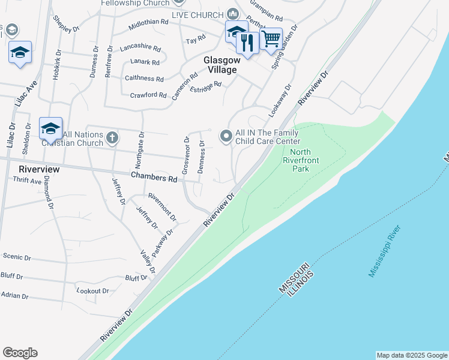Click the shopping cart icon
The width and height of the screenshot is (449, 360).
(x=271, y=38)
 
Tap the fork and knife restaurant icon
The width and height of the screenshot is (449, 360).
(x=247, y=42)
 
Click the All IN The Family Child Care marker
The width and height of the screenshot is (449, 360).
(x=226, y=137)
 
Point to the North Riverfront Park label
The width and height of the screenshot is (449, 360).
(x=301, y=161)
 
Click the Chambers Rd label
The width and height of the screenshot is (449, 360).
(x=154, y=178)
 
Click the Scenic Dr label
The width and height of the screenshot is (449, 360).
(x=17, y=257)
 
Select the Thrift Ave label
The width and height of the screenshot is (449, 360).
(x=27, y=180)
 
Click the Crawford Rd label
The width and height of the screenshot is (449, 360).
(x=148, y=95)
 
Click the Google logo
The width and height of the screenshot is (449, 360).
(x=20, y=353)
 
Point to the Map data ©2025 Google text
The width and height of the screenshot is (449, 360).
(x=412, y=355)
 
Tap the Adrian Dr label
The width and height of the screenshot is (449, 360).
(x=14, y=295)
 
